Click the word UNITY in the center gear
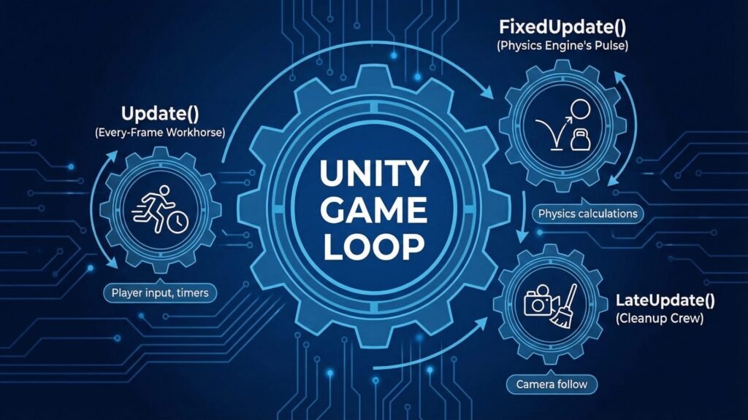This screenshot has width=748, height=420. click(x=373, y=174)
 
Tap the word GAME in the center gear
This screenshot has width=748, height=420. click(x=373, y=210)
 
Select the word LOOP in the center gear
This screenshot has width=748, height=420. click(x=373, y=246)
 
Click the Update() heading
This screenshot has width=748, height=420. click(x=160, y=114)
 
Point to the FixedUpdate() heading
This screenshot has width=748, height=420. click(x=562, y=27)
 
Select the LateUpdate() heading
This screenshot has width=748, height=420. click(x=665, y=300)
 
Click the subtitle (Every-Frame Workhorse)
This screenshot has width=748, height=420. click(x=160, y=133)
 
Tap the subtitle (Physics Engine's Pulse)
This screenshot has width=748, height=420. click(x=562, y=46)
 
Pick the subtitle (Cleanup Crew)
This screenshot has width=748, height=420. click(x=660, y=318)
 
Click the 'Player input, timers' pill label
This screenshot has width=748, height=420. click(x=160, y=292)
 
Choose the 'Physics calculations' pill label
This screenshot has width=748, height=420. click(x=588, y=214)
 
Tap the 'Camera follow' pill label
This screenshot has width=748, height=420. click(x=552, y=384)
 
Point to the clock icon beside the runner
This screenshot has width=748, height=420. click(x=178, y=222)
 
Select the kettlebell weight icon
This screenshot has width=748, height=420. click(x=580, y=140)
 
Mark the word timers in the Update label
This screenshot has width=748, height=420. click(x=192, y=292)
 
